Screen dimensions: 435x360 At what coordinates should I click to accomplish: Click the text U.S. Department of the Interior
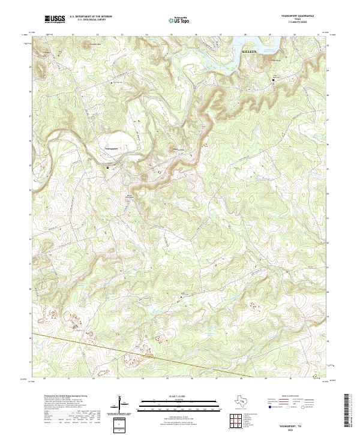click(x=91, y=17)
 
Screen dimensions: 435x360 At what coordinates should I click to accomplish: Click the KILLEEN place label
click(x=249, y=52)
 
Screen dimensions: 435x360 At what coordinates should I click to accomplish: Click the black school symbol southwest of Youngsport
click(x=108, y=168)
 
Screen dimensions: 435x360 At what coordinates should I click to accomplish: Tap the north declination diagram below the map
click(x=123, y=403)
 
